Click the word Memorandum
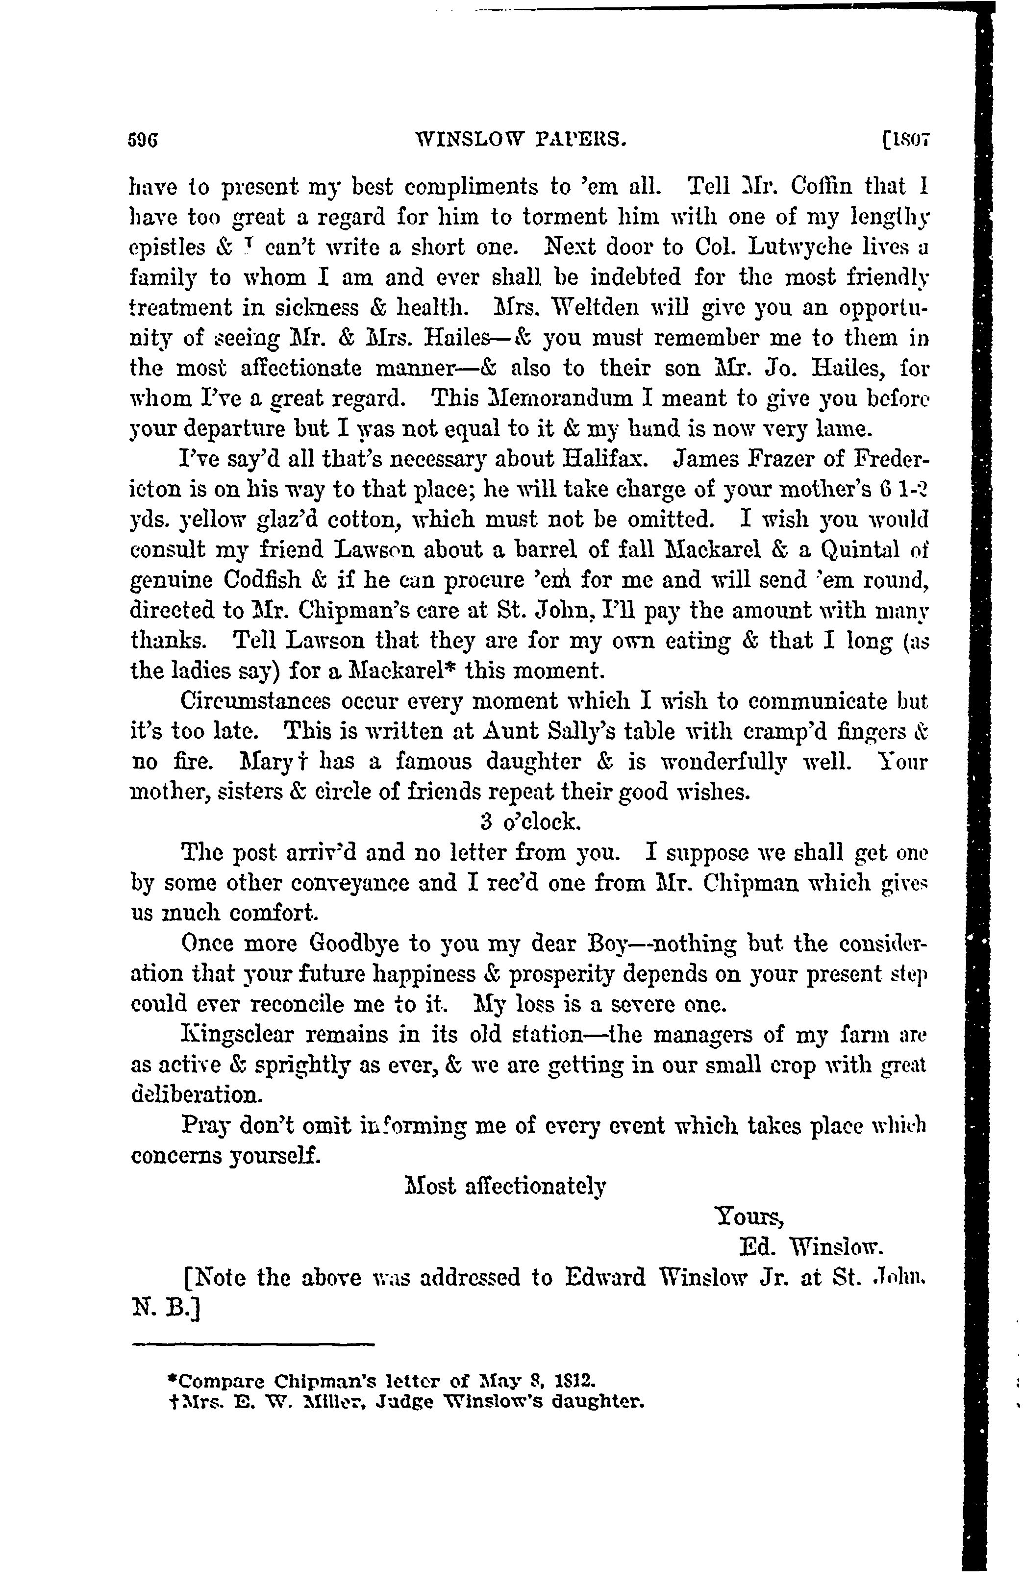569,398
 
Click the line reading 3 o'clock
530,822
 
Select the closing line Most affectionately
505,1186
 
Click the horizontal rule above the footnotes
254,1345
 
